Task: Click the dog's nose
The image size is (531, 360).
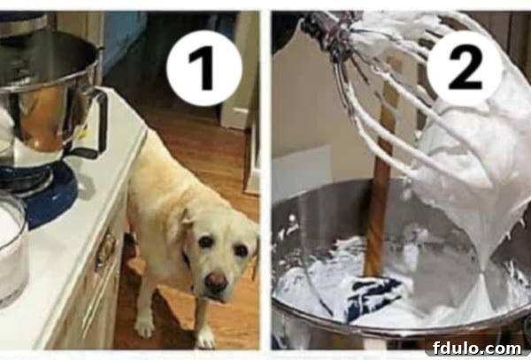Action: pyautogui.click(x=216, y=281)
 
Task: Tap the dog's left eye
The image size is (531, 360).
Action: pyautogui.click(x=241, y=250)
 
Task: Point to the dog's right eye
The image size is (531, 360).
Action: pyautogui.click(x=205, y=241)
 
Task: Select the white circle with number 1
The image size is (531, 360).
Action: pyautogui.click(x=204, y=68)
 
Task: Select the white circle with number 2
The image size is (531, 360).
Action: pyautogui.click(x=465, y=67)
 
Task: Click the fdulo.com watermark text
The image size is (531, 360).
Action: pyautogui.click(x=477, y=349)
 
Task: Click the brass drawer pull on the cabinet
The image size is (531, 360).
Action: pyautogui.click(x=105, y=250)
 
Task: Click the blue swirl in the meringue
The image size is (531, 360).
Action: pyautogui.click(x=373, y=298)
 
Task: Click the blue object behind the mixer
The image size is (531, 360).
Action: pyautogui.click(x=125, y=41)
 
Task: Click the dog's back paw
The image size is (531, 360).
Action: pyautogui.click(x=145, y=326)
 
